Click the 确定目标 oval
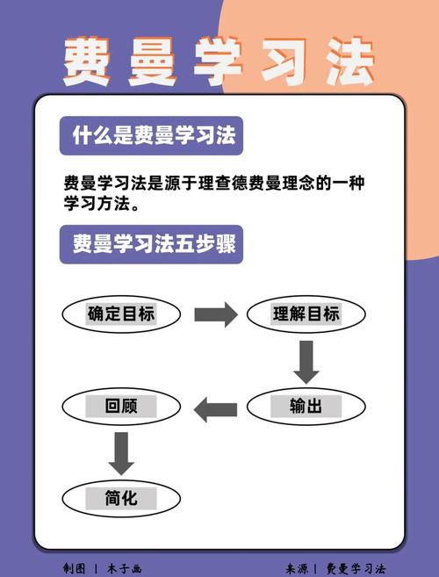click(121, 314)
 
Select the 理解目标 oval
click(306, 314)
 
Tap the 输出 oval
click(306, 407)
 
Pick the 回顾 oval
click(121, 407)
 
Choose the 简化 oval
click(121, 499)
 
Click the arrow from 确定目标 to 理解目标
click(216, 314)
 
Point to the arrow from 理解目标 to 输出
click(306, 363)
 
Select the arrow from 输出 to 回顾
click(215, 409)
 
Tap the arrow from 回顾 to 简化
click(121, 454)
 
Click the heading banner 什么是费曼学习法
click(151, 135)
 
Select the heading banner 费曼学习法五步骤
click(151, 244)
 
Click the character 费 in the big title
click(88, 61)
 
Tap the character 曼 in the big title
click(153, 61)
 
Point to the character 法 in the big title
click(349, 61)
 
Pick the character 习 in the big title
click(284, 61)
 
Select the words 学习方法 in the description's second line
click(97, 204)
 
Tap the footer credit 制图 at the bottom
click(74, 568)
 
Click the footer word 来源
click(297, 568)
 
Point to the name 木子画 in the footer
click(125, 568)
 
